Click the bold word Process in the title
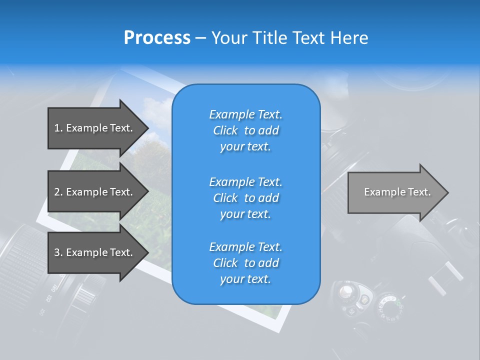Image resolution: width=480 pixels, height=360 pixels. click(x=157, y=37)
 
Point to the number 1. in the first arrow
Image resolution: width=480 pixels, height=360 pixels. click(x=58, y=128)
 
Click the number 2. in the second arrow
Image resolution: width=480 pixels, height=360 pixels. click(x=58, y=192)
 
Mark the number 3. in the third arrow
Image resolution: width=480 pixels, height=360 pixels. click(x=58, y=252)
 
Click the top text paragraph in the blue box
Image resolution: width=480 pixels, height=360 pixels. click(x=245, y=130)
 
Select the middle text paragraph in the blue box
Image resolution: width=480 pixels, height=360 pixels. click(x=245, y=198)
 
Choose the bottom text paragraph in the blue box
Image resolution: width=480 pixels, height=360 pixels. click(x=245, y=263)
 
